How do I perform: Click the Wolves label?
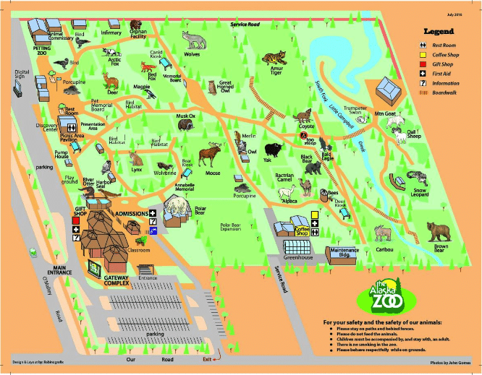[192, 53]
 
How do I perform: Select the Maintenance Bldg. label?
[344, 252]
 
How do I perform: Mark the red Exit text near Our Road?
[208, 359]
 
